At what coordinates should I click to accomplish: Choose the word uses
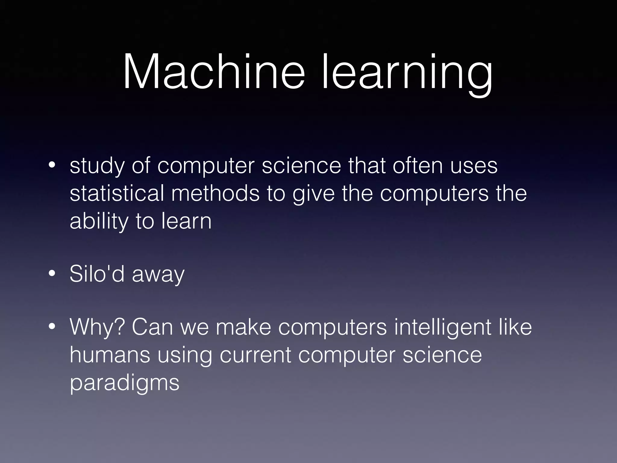(x=474, y=166)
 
